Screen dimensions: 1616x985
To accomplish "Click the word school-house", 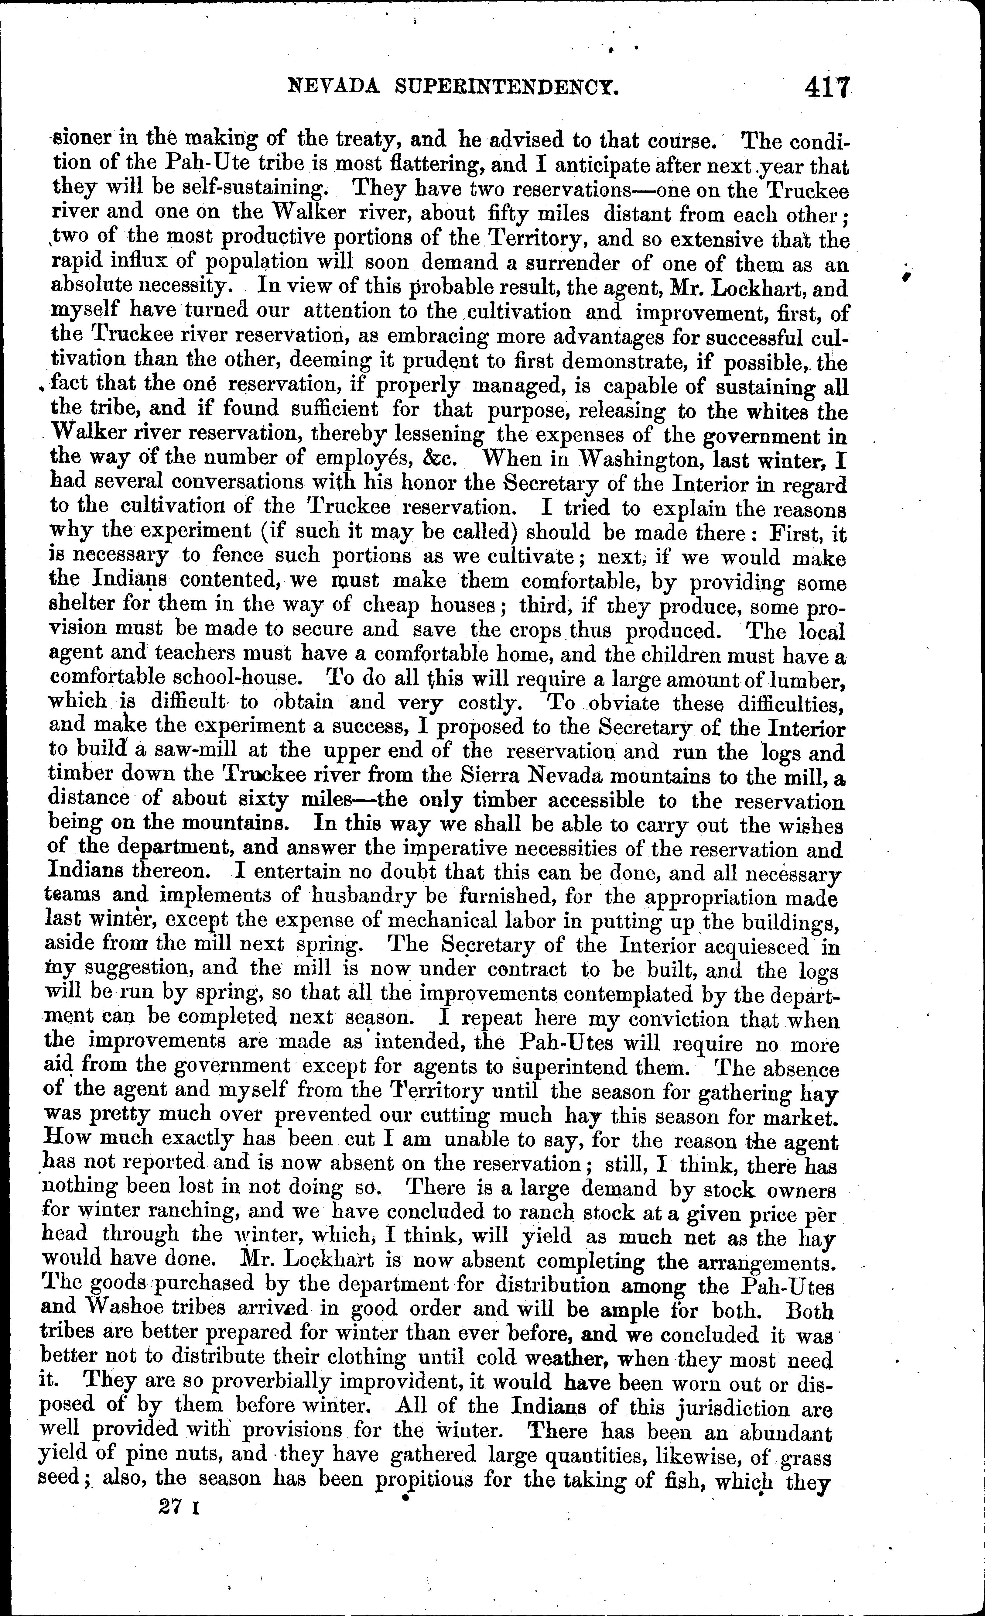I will (x=247, y=678).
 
